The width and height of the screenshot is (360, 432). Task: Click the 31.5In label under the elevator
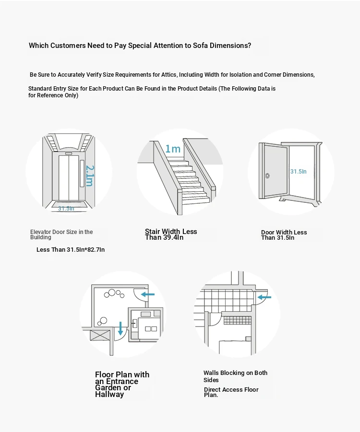pyautogui.click(x=66, y=209)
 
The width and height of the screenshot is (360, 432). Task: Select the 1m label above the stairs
pyautogui.click(x=173, y=149)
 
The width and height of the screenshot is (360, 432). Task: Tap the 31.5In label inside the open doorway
pyautogui.click(x=298, y=171)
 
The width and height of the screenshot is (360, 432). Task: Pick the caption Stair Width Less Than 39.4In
pyautogui.click(x=171, y=234)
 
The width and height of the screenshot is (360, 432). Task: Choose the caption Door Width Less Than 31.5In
pyautogui.click(x=284, y=235)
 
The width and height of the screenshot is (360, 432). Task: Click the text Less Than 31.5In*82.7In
pyautogui.click(x=71, y=250)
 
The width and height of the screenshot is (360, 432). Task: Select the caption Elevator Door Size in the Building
pyautogui.click(x=61, y=234)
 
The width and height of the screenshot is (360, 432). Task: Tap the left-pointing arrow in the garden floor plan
pyautogui.click(x=148, y=294)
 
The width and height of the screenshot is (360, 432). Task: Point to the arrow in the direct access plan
pyautogui.click(x=264, y=297)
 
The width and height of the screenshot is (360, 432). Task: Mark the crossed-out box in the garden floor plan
pyautogui.click(x=99, y=335)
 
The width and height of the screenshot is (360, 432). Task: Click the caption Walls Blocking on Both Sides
pyautogui.click(x=235, y=376)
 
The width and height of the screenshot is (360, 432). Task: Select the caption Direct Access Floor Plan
pyautogui.click(x=231, y=392)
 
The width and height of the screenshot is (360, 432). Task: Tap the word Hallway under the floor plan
pyautogui.click(x=109, y=395)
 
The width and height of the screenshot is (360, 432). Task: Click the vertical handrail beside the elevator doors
pyautogui.click(x=82, y=175)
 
